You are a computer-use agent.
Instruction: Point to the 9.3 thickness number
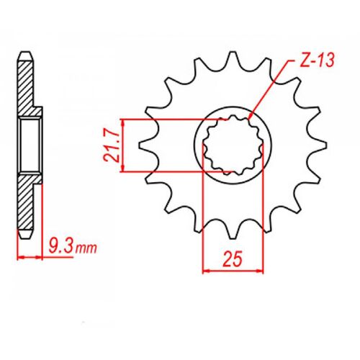(60, 247)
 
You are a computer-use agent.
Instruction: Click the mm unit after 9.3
(86, 249)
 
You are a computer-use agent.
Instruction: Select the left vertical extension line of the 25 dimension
(203, 216)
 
